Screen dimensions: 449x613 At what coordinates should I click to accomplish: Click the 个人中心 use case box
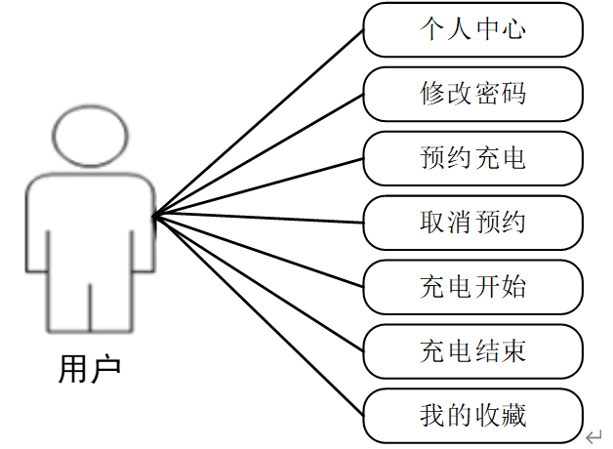[472, 29]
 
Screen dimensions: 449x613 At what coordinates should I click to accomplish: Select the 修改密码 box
[472, 94]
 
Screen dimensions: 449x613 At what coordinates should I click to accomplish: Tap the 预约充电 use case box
[472, 157]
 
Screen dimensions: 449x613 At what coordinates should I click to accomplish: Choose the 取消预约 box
[472, 222]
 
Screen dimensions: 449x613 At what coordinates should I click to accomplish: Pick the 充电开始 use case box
[472, 286]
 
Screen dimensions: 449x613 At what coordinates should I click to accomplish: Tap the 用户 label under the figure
[90, 370]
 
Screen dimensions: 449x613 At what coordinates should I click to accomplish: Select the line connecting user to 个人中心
[259, 121]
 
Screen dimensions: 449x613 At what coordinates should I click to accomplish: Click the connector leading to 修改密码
[259, 153]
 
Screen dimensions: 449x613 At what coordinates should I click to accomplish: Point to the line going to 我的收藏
[259, 313]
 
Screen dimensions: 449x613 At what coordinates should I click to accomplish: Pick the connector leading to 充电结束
[259, 282]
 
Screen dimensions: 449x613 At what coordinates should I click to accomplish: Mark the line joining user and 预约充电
[259, 185]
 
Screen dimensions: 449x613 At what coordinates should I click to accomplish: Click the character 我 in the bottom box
[431, 415]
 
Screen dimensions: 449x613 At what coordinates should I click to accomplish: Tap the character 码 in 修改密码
[512, 94]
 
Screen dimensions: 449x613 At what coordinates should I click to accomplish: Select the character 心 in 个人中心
[512, 29]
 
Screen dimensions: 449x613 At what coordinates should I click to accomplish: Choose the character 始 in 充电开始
[512, 286]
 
